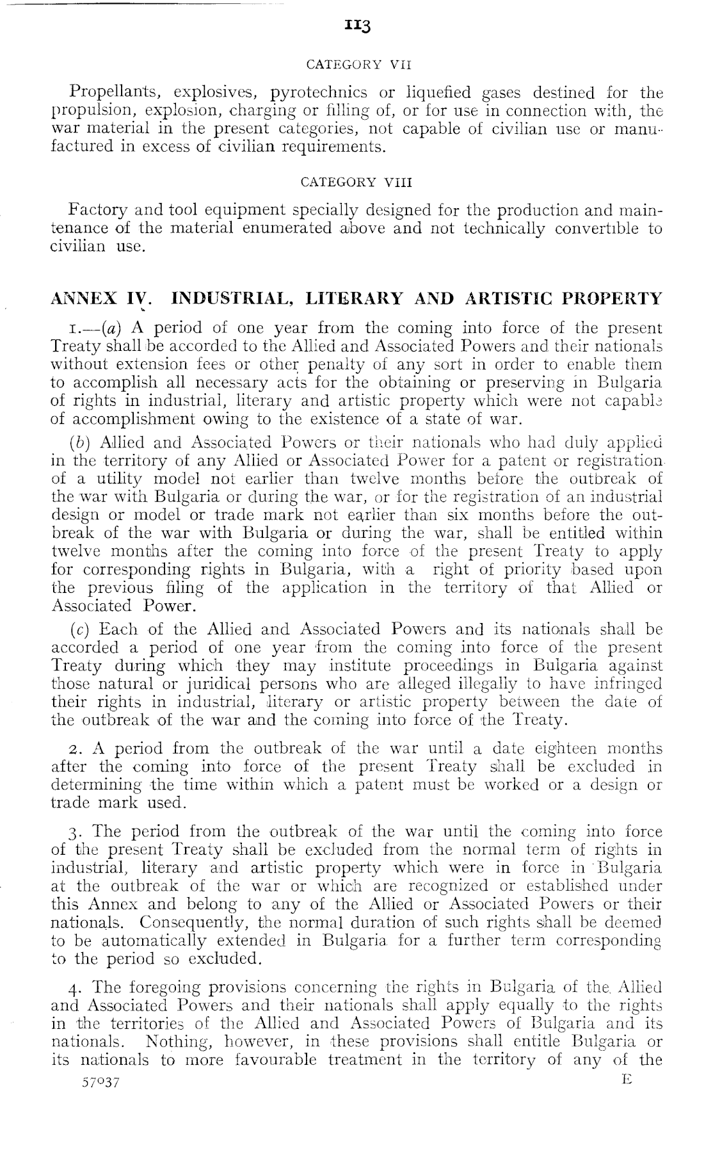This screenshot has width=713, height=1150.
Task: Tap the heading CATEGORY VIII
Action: (x=356, y=181)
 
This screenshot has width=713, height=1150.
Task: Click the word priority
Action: (x=529, y=569)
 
